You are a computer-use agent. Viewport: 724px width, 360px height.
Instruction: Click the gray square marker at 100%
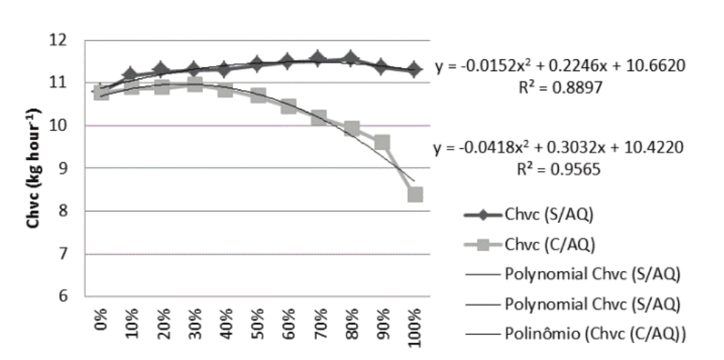coord(415,194)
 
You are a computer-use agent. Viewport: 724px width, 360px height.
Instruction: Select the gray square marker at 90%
coord(382,142)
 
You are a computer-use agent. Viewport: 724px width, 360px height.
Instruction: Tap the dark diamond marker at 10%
coord(130,74)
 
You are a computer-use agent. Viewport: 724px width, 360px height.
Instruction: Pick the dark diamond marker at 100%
coord(415,69)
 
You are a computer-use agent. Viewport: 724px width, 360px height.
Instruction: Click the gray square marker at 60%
coord(288,107)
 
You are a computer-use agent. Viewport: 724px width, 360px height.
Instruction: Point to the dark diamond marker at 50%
coord(257,64)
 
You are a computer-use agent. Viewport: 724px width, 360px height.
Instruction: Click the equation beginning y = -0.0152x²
coord(564,66)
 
